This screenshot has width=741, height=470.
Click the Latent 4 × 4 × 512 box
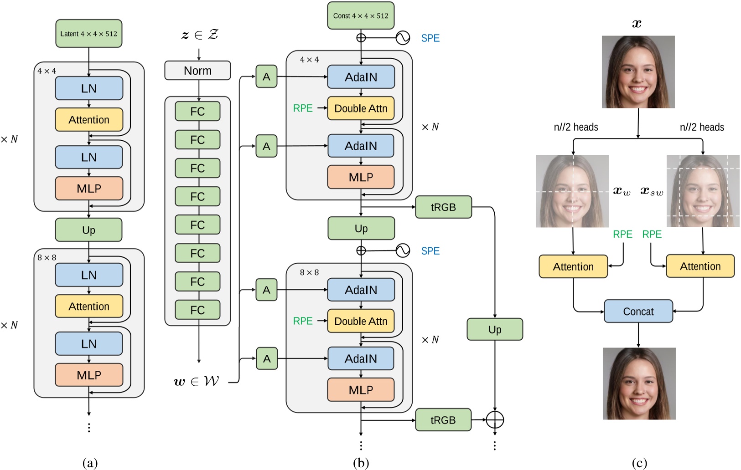pos(89,34)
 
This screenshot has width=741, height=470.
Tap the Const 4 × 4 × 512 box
pos(361,16)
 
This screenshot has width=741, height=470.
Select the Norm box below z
pos(197,71)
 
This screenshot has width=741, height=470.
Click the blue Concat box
pos(638,312)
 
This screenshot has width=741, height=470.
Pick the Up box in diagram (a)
pos(88,230)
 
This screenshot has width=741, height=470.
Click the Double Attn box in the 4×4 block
pos(361,108)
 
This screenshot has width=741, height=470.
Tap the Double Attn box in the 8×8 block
pos(361,321)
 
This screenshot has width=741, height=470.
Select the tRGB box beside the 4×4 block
pos(443,207)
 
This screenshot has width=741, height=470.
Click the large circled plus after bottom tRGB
pos(495,419)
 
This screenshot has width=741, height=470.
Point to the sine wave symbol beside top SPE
pos(403,38)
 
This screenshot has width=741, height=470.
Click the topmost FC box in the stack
pos(197,112)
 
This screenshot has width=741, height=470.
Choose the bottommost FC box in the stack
pos(197,310)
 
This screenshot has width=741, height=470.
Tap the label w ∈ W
pos(197,382)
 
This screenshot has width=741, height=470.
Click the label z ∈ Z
pos(200,35)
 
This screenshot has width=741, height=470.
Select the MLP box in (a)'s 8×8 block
pos(89,375)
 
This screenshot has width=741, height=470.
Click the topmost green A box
pos(266,77)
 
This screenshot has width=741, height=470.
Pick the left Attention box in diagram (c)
pos(573,267)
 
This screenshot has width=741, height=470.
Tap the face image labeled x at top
pos(638,72)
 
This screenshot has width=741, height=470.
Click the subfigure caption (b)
pos(361,463)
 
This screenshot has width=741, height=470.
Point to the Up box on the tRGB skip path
pos(495,329)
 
